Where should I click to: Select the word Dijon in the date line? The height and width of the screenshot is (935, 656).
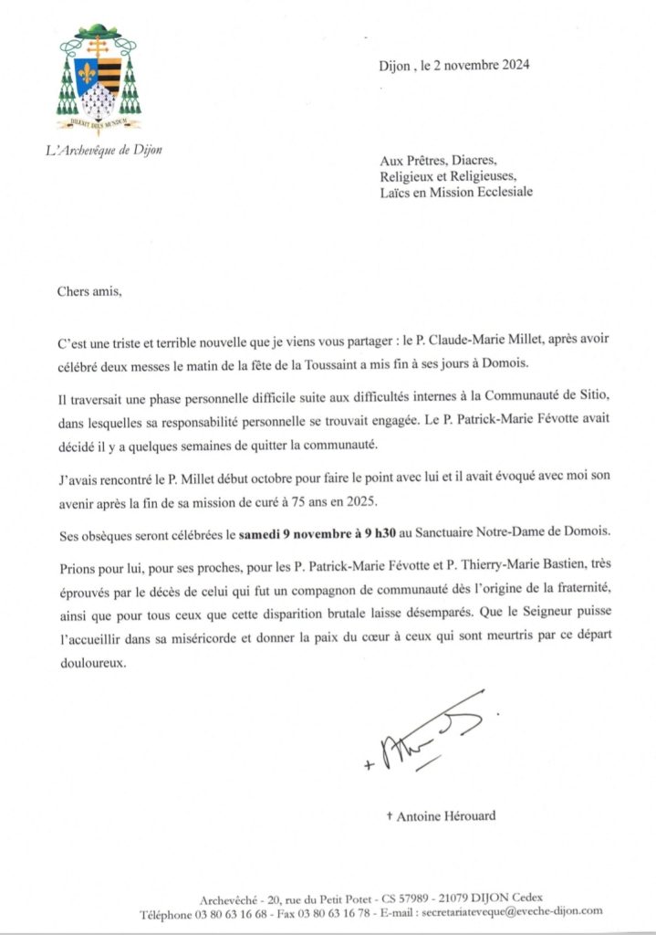tap(395, 65)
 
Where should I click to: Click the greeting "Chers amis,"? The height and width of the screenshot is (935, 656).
tap(88, 294)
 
